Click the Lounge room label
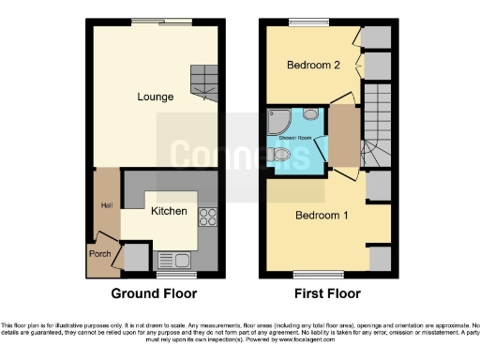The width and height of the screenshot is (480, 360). tap(155, 97)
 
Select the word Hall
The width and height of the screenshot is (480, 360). tap(107, 204)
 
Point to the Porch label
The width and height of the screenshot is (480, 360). tap(100, 253)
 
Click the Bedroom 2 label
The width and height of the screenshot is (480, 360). tap(312, 65)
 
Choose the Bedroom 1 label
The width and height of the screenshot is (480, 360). tap(322, 216)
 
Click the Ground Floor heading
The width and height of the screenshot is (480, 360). tap(155, 293)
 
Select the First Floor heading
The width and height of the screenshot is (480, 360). tap(326, 293)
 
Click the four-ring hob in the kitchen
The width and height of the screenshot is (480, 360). tap(206, 217)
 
